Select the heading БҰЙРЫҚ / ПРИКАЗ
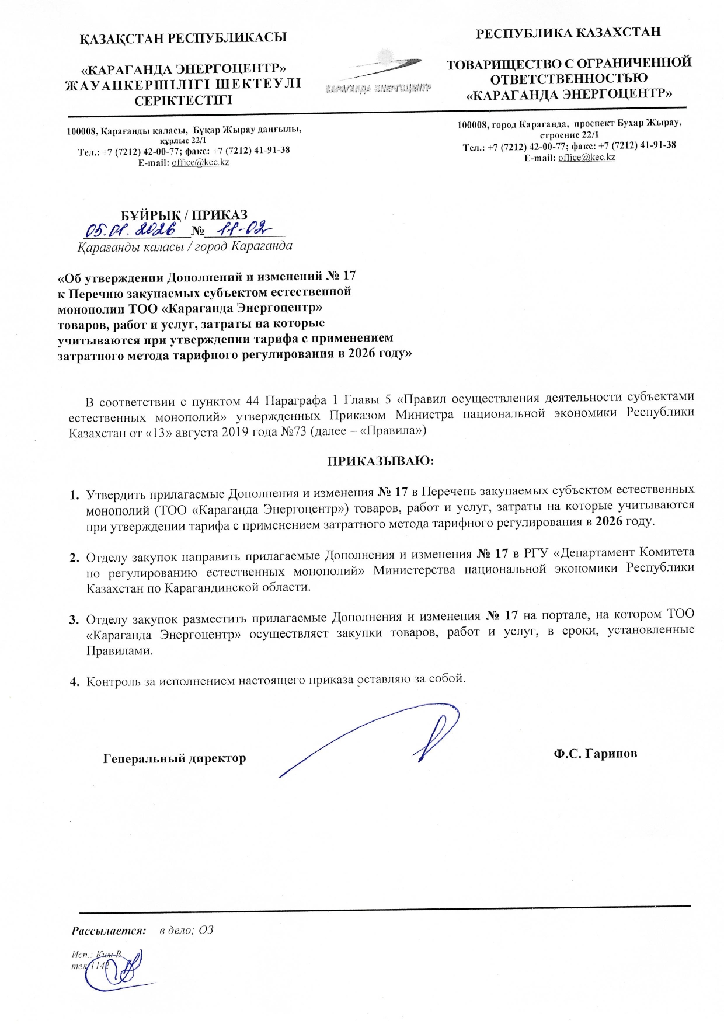pos(184,214)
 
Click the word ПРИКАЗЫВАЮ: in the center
pos(381,461)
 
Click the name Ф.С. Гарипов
pos(595,753)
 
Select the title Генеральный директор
pos(174,758)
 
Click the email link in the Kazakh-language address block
pos(200,162)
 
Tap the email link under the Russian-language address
pos(587,157)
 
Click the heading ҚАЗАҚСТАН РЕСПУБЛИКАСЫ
pos(183,38)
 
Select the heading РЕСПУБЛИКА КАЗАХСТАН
pos(568,33)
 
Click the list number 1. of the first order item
pos(74,496)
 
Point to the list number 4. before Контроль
pos(74,681)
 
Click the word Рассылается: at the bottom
pos(109,930)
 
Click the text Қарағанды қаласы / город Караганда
pos(185,246)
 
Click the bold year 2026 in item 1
pos(608,521)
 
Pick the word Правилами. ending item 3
pos(120,650)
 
